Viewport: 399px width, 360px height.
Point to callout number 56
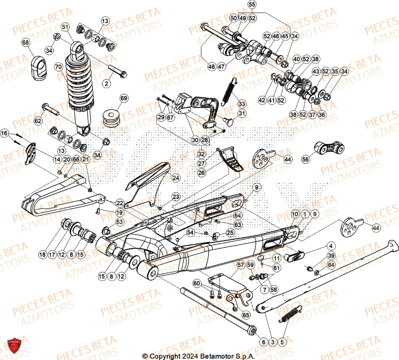tap(305, 159)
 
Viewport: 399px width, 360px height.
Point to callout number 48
tap(211, 66)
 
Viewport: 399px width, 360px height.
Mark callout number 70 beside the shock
tap(59, 67)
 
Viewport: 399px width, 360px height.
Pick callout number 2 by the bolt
tap(106, 84)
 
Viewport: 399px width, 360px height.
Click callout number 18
tap(42, 254)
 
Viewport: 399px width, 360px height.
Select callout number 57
tap(240, 264)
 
